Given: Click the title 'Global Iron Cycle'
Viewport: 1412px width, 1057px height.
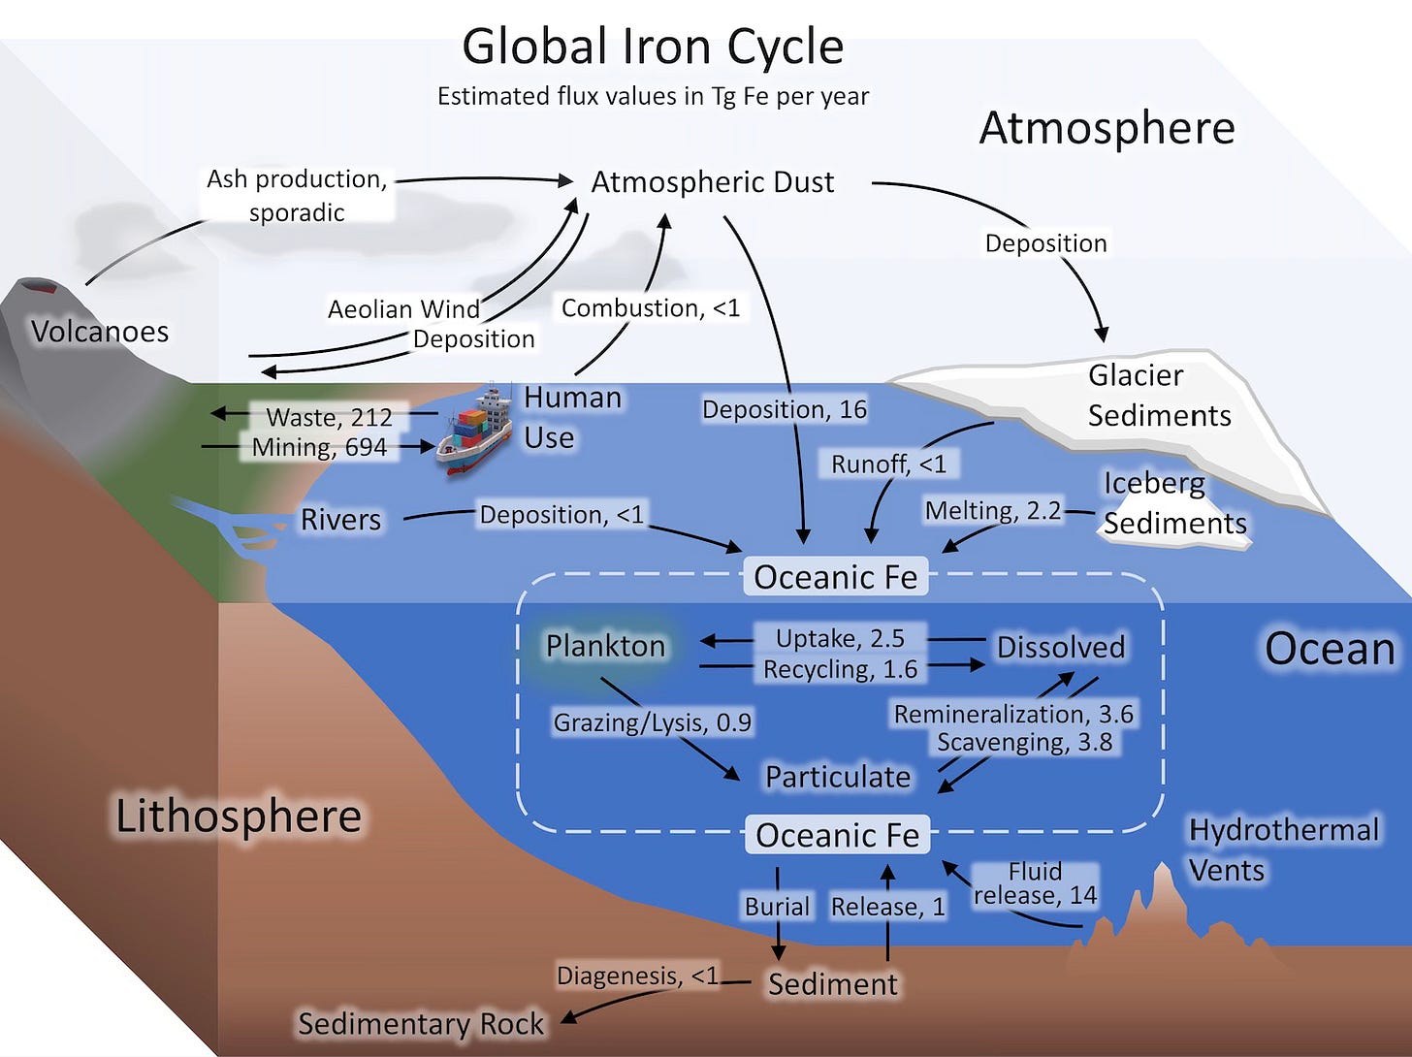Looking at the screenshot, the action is pos(653,47).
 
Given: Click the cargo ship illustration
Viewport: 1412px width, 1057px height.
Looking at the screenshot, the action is pos(475,432).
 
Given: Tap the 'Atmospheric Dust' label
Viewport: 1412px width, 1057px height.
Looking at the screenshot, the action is pos(713,182).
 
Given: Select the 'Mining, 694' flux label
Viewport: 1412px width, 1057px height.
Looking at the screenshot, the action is pos(319,447).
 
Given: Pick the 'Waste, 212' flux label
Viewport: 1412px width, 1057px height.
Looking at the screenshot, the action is pos(329,417).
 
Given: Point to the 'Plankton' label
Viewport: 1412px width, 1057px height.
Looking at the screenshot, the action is pos(605,646).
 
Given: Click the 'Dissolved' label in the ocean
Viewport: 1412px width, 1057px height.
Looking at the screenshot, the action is pos(1061,648).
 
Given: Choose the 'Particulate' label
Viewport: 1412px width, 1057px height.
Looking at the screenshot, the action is pos(838,777).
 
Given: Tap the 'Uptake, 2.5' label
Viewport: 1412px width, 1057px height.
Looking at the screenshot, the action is pos(840,638).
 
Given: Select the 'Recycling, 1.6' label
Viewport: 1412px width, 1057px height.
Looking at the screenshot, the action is pos(840,669).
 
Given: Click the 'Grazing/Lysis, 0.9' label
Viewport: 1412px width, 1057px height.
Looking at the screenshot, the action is pos(652,722).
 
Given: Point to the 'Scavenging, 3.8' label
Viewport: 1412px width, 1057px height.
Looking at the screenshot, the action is pos(1024,743).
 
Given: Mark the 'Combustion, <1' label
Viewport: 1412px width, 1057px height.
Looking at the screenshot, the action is pos(651,308).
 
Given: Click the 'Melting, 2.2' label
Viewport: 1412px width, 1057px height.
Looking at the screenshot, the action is pos(993,511).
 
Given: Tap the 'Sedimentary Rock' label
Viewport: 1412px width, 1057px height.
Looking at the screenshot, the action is pos(421,1024).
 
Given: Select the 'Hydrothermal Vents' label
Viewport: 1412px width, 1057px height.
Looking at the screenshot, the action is pos(1283,849).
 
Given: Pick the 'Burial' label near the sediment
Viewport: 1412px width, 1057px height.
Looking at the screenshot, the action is pos(777,907).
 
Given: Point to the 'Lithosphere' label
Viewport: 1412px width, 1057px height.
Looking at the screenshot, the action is pos(239,817).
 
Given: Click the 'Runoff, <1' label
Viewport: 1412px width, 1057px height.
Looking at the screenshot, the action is pos(888,464).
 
